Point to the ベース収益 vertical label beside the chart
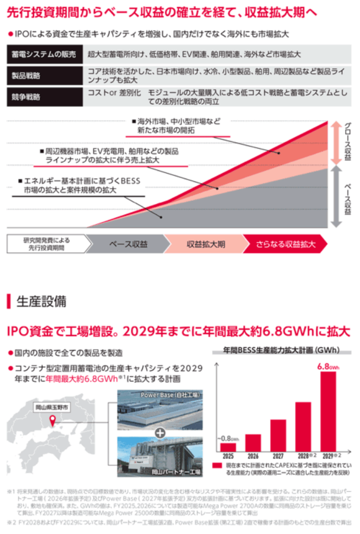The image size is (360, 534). tap(349, 198)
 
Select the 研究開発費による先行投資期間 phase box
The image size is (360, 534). tap(46, 244)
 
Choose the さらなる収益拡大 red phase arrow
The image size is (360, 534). tap(285, 244)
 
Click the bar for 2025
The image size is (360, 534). tap(228, 447)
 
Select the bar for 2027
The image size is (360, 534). tap(278, 435)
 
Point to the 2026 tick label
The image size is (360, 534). tap(253, 456)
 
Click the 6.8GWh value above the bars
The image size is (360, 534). tap(328, 367)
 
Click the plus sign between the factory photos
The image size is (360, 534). tap(160, 432)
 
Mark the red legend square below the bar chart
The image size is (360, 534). tap(216, 465)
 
